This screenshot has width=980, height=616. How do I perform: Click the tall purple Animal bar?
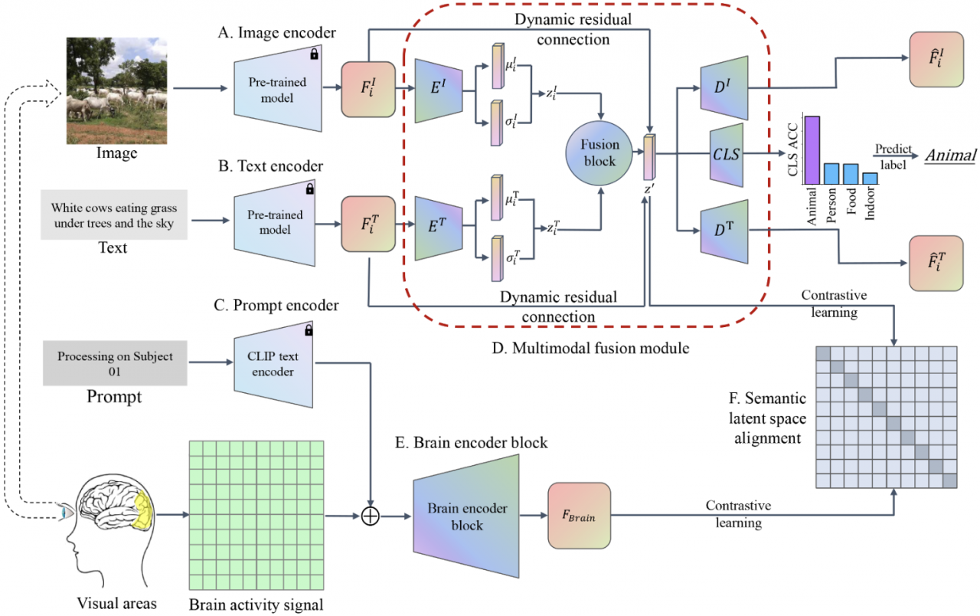pos(812,150)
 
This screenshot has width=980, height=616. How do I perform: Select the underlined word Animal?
pos(950,156)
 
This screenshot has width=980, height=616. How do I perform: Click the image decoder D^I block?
pos(723,90)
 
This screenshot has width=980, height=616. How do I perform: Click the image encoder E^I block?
pos(437,90)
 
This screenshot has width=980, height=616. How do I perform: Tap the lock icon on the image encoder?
pos(314,54)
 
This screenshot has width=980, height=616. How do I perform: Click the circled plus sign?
pos(371,516)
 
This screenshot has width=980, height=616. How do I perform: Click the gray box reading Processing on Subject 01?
pos(115,364)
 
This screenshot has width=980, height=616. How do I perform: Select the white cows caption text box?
pos(113,215)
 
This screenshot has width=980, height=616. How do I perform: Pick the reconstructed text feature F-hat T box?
pos(934,263)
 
